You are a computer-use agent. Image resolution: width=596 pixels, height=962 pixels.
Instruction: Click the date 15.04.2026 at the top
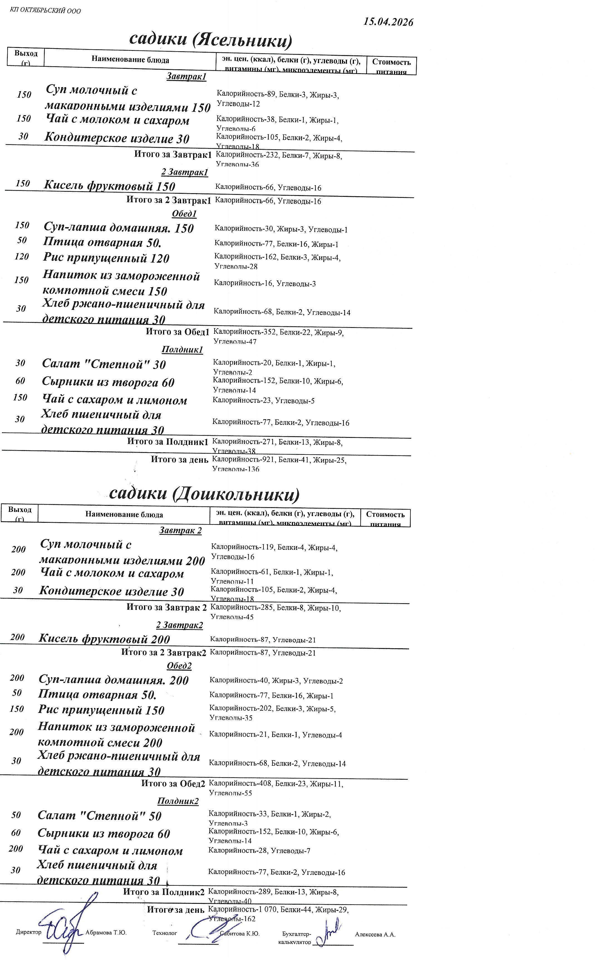(388, 22)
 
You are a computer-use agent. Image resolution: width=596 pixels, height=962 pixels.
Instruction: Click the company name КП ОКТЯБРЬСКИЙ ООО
(45, 11)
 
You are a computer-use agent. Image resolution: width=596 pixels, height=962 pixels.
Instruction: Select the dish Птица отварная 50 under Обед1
(102, 242)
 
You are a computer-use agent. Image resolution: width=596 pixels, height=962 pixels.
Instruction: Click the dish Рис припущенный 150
(101, 710)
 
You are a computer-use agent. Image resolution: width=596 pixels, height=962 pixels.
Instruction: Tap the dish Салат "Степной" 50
(99, 815)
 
